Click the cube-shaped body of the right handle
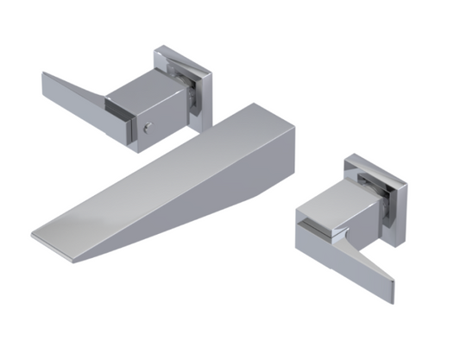coord(332,216)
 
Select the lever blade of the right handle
coord(354,259)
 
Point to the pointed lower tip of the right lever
coord(390,299)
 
